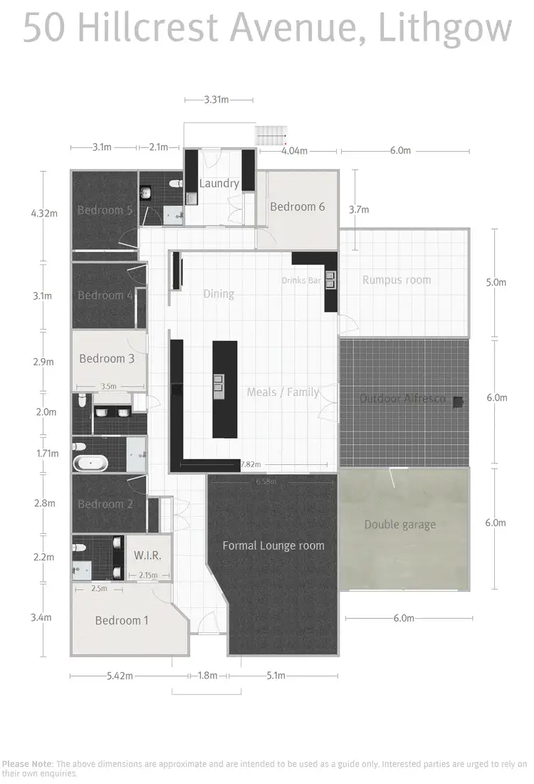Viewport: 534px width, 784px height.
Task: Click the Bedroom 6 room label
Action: (297, 207)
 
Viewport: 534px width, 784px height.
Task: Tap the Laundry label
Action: (219, 184)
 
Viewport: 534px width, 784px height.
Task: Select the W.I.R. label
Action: (147, 555)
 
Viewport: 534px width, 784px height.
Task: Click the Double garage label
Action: (399, 525)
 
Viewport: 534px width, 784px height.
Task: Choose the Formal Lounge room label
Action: (273, 545)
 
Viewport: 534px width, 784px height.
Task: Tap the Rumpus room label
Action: (397, 280)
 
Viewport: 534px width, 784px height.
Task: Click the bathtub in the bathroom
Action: (90, 464)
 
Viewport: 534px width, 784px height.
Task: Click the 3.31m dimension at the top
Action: (216, 100)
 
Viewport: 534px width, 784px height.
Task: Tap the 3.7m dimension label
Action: (359, 209)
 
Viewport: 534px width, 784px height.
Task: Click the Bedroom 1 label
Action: (122, 620)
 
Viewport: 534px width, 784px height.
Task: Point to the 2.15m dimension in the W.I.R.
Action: (149, 575)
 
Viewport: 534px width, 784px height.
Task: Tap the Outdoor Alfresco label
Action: (402, 398)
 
